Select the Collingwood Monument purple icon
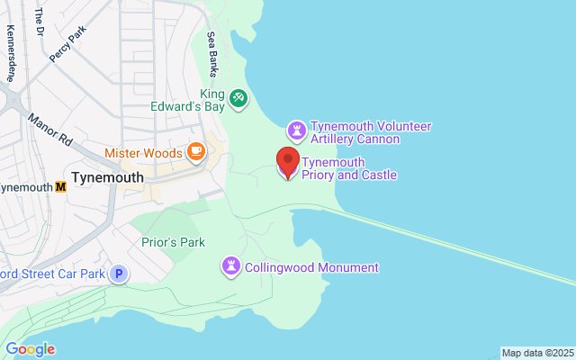(x=231, y=266)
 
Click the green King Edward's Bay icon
(x=238, y=97)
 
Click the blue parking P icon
(x=119, y=274)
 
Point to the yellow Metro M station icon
(x=61, y=187)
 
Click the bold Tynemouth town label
(x=107, y=177)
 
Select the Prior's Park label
(x=174, y=242)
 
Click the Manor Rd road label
(x=49, y=130)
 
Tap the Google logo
(x=30, y=349)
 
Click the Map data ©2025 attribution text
(x=537, y=353)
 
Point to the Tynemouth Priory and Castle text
(x=349, y=168)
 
